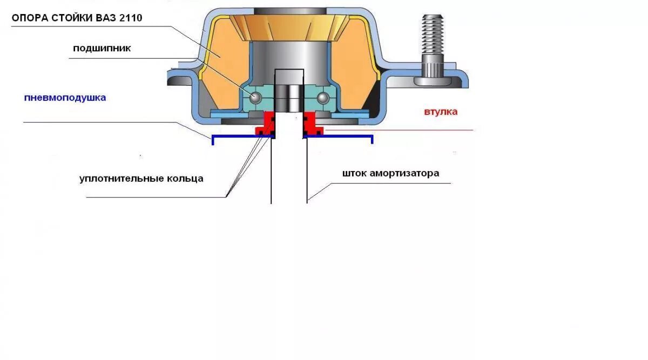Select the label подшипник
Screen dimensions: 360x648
[102, 49]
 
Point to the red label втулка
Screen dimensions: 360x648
[441, 112]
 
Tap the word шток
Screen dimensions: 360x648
[354, 173]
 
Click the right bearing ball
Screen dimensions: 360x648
[323, 97]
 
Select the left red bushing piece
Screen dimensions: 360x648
[265, 124]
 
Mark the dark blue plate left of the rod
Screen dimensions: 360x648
[238, 135]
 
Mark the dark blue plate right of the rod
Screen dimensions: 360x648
[340, 135]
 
